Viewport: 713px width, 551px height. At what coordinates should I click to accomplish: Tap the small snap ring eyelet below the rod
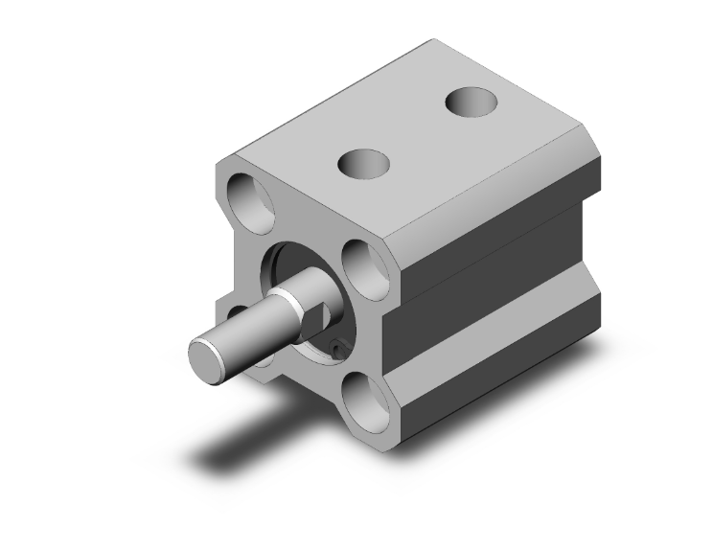tap(338, 351)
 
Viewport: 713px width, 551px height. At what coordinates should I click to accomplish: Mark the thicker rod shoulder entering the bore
tap(303, 297)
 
